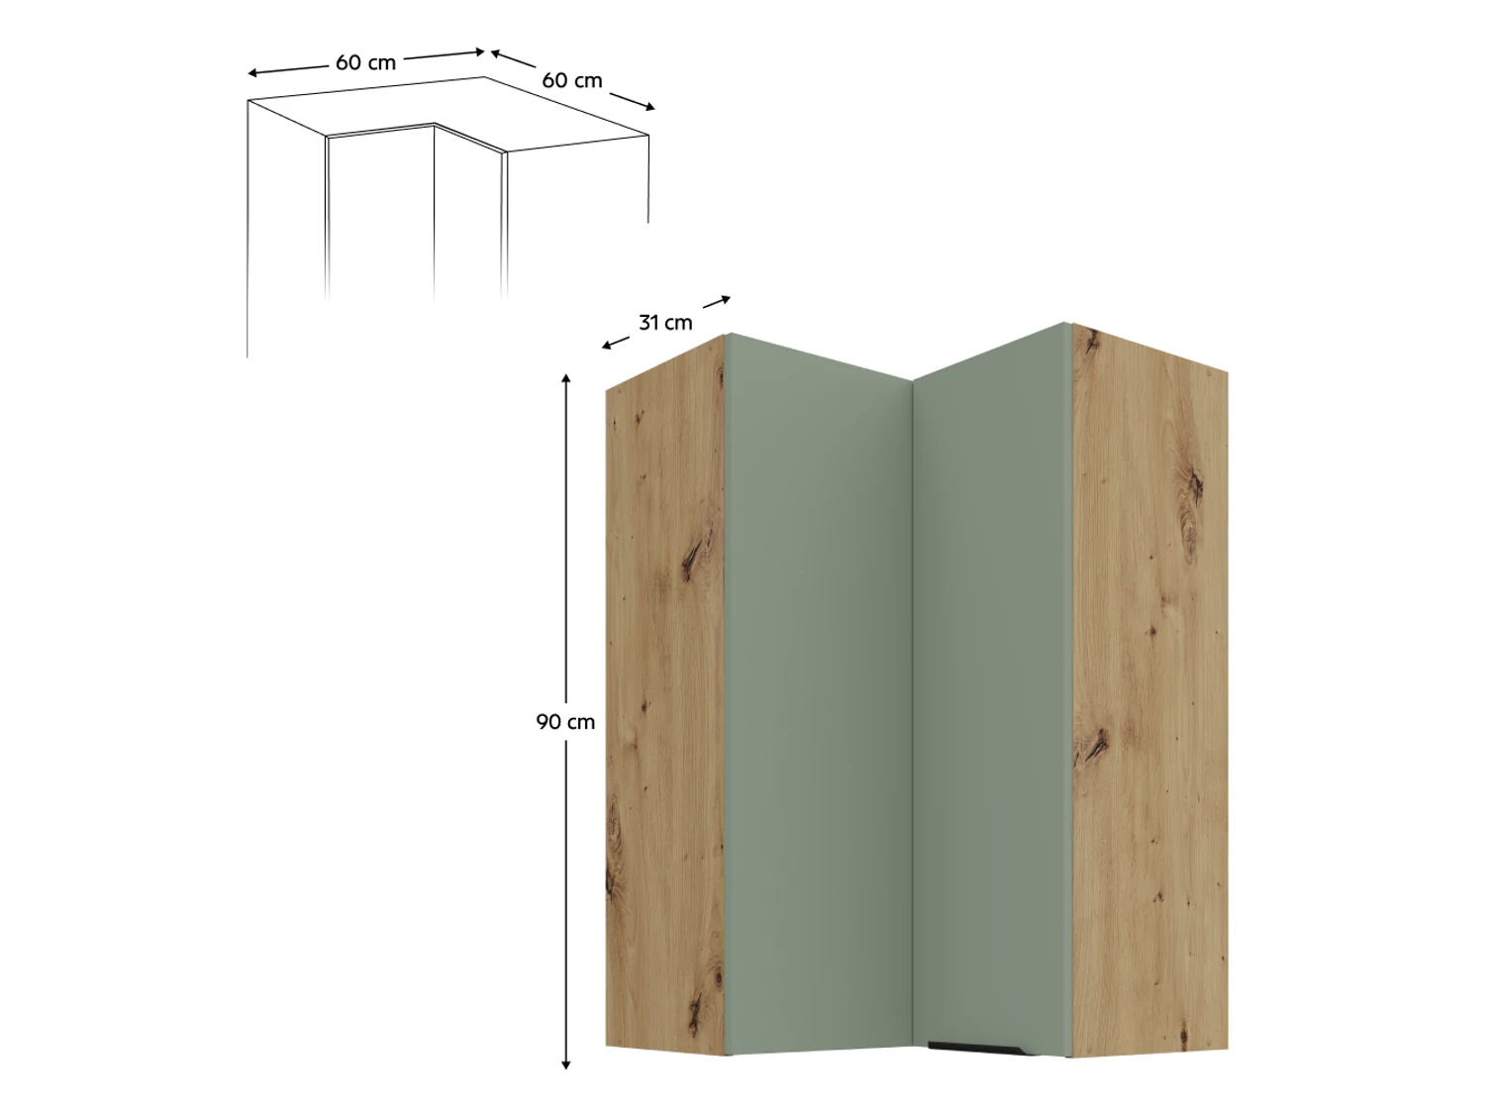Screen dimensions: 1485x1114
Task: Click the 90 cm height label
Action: pos(565,723)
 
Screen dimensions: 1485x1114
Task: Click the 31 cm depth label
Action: pos(665,323)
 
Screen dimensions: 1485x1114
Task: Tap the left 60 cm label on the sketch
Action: pos(365,63)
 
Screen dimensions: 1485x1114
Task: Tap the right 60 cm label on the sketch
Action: pos(571,80)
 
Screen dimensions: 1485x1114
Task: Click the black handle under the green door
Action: pos(977,1048)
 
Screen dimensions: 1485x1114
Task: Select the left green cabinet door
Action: pos(819,697)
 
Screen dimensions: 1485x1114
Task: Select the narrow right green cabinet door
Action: pos(992,690)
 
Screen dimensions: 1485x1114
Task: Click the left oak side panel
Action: pos(665,697)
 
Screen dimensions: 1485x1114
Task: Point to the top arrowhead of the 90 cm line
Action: pos(566,376)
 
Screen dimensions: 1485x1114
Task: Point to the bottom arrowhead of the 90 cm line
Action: pos(566,1066)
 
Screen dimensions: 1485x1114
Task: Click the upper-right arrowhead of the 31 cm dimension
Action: pos(727,298)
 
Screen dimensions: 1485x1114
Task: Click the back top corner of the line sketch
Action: pos(484,77)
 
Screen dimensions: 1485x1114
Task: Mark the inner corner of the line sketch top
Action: pos(435,124)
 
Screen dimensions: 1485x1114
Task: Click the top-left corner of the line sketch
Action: pos(248,101)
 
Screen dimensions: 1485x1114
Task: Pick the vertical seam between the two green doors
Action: pos(913,717)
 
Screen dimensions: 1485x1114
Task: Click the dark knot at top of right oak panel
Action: pos(1090,343)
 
